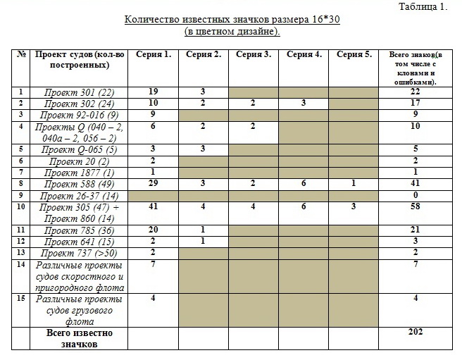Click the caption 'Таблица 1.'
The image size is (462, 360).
pos(423,7)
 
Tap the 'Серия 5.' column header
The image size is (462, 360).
pos(353,55)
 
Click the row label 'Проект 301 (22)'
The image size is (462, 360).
pos(79,92)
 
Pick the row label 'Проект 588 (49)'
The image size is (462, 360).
pos(79,183)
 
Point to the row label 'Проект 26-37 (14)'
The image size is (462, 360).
pos(79,194)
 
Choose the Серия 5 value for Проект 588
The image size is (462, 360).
pos(353,183)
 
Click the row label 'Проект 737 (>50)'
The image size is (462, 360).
pos(79,253)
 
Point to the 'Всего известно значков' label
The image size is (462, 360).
pos(79,338)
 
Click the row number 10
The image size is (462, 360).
pos(21,207)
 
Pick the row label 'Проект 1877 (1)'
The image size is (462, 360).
pos(79,172)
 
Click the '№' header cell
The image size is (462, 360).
pos(21,55)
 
